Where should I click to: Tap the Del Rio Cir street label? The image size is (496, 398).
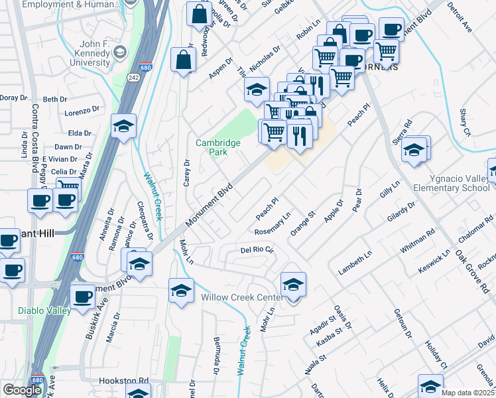257,250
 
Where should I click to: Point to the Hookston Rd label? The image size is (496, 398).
123,381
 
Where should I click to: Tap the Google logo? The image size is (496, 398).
22,390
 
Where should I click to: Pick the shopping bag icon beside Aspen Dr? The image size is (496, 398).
182,60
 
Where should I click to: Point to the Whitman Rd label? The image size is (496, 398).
421,239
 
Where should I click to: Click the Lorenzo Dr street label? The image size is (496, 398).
82,111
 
